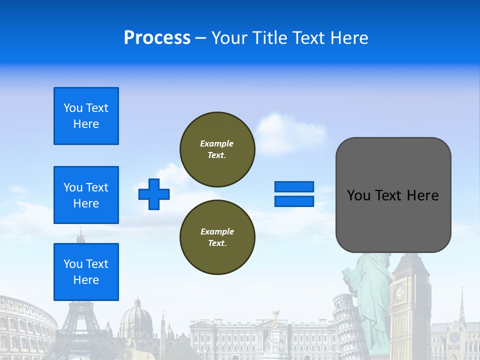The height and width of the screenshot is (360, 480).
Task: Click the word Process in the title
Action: point(157,38)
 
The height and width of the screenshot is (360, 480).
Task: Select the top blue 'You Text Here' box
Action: point(86,116)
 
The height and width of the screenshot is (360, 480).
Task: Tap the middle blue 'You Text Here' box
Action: point(86,195)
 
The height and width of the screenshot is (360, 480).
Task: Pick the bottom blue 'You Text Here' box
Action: point(86,272)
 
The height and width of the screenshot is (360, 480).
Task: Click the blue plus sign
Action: point(154,194)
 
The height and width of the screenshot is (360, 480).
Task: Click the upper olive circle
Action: point(217,149)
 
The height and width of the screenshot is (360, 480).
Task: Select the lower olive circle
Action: point(217,237)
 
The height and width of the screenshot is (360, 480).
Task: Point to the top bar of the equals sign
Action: point(294,187)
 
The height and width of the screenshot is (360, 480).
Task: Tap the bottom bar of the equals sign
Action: point(294,201)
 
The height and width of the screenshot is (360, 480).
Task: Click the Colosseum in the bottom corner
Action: point(25,325)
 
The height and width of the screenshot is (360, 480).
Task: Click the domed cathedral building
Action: point(136,320)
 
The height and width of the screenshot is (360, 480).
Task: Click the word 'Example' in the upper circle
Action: point(217,143)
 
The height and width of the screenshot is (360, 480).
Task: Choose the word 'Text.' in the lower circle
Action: point(217,243)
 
